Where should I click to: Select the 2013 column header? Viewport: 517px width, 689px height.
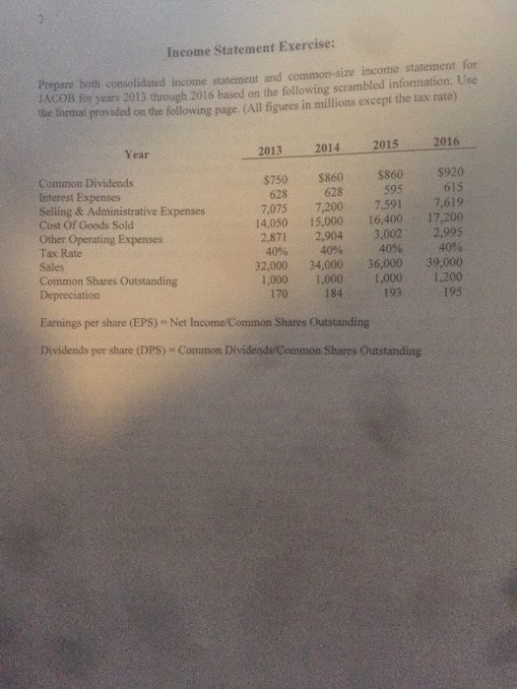(269, 151)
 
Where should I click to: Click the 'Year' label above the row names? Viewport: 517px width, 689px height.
(138, 155)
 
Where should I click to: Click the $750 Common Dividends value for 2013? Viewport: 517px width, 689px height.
(275, 180)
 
